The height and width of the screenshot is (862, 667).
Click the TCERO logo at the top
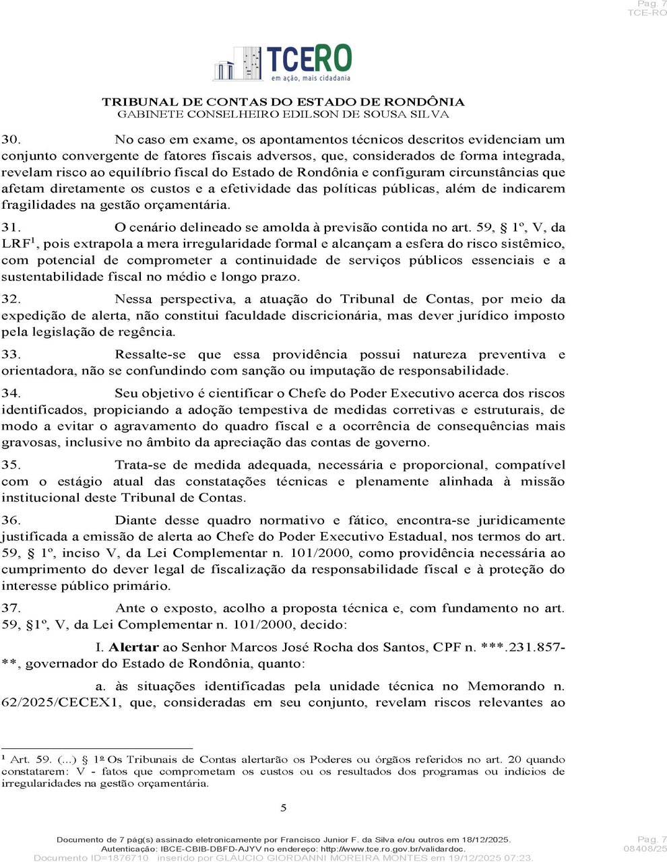283,63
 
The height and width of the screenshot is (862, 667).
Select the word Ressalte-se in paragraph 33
148,355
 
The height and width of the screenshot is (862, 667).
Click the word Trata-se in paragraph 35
140,465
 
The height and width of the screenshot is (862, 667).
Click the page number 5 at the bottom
284,808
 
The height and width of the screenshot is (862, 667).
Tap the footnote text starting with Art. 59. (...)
283,771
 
